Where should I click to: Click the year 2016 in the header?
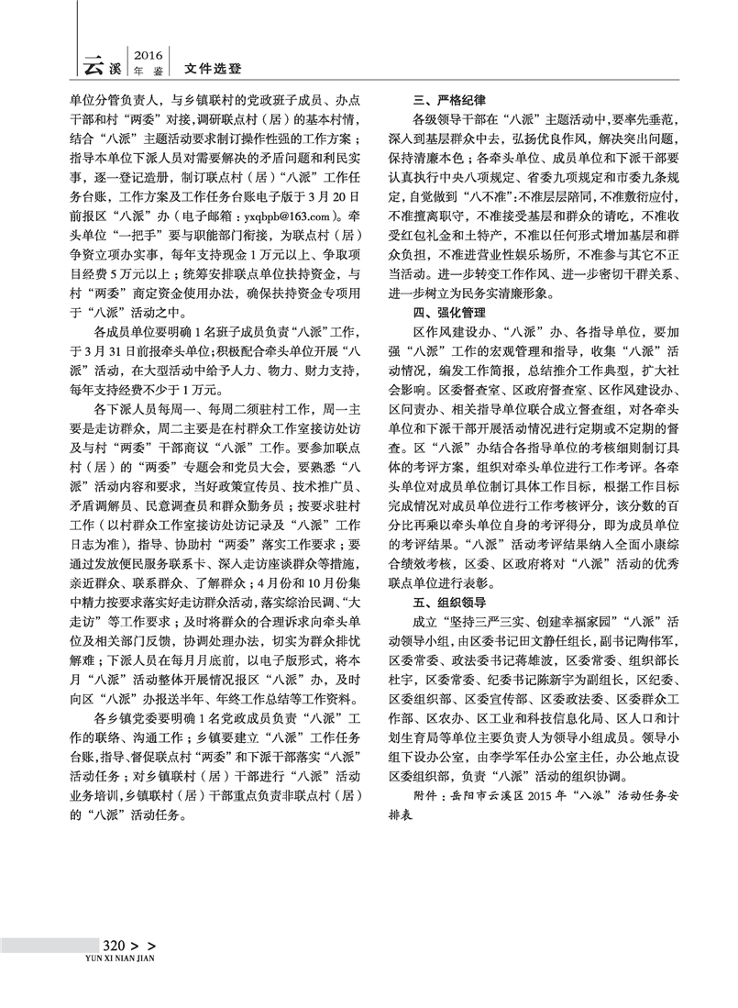[x=149, y=54]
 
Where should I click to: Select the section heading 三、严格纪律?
[x=446, y=97]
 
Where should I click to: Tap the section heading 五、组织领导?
[x=446, y=604]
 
